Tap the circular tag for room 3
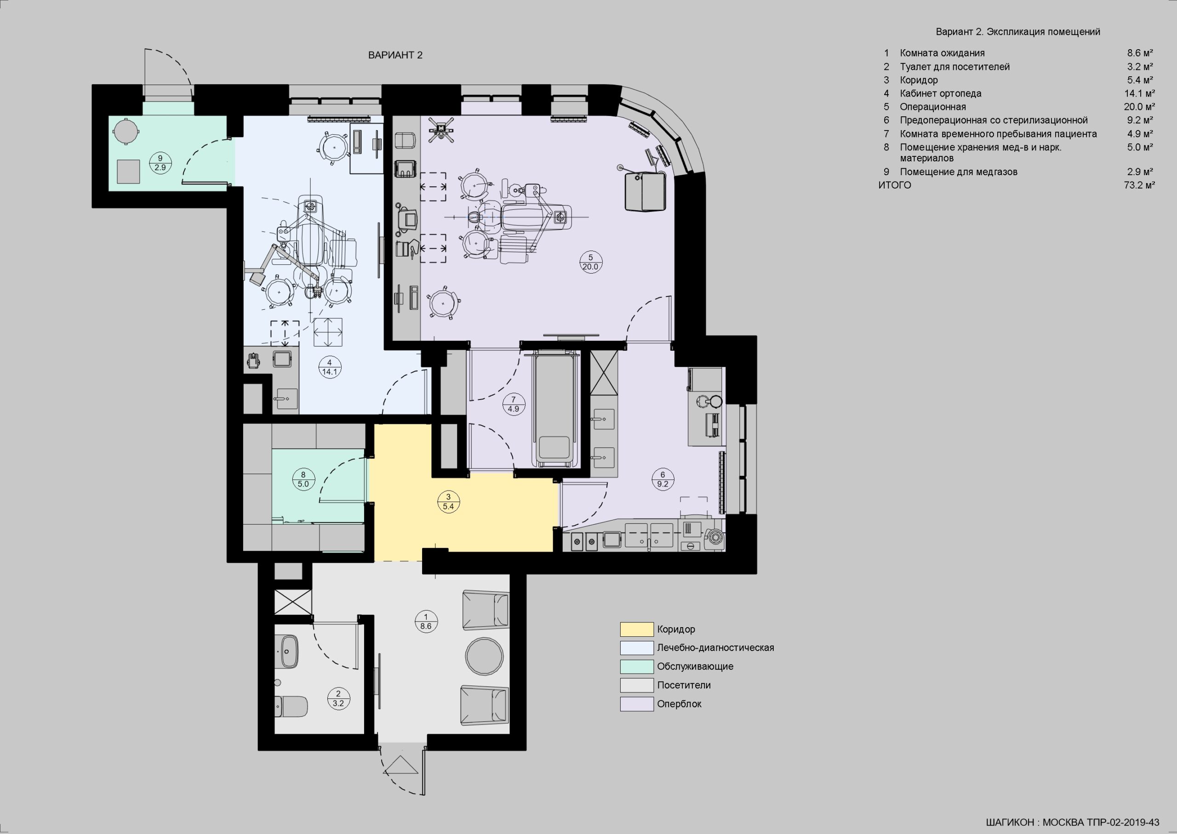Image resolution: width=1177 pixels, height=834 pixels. tap(448, 502)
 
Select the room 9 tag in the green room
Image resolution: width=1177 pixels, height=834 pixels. tap(160, 163)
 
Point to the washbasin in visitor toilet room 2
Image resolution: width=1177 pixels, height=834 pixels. tap(289, 651)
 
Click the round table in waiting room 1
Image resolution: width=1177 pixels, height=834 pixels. tap(484, 657)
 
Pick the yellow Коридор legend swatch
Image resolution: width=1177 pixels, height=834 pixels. tap(636, 629)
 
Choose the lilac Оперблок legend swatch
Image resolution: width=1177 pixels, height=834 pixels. tap(636, 704)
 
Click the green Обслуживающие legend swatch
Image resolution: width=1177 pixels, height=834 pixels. tap(636, 667)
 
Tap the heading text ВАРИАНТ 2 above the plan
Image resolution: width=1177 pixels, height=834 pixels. tap(395, 55)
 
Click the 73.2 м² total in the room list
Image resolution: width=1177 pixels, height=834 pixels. tap(1139, 185)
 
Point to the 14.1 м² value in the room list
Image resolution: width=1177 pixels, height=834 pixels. tap(1139, 93)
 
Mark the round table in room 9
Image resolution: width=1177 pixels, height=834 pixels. tap(125, 131)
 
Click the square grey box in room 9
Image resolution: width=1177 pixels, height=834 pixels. tap(128, 171)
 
